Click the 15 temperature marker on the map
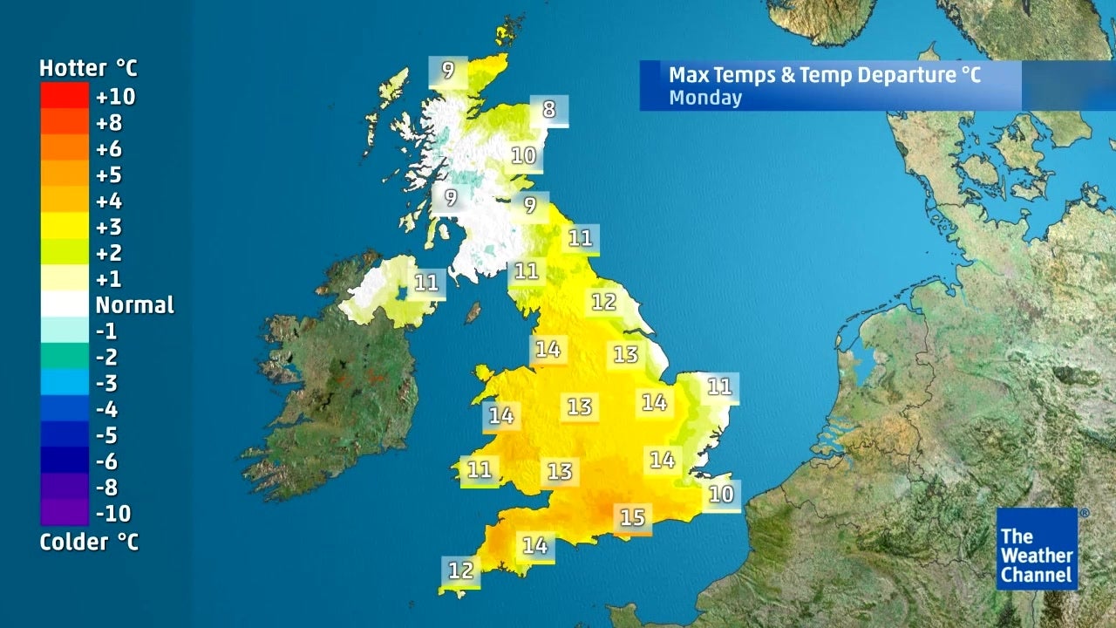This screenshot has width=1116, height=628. click(632, 518)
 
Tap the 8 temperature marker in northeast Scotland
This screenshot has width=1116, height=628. click(548, 110)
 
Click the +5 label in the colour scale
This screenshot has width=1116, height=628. click(109, 174)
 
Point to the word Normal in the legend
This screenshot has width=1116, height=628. click(134, 305)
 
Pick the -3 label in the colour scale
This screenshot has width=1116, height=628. click(106, 383)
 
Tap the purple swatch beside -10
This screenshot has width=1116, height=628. click(64, 512)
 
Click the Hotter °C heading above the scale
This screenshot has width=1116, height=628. click(88, 68)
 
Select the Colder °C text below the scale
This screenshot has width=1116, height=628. click(88, 543)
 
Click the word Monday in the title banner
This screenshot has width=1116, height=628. click(704, 98)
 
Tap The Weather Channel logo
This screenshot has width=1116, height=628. click(1037, 549)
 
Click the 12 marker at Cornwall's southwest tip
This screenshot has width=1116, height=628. click(460, 571)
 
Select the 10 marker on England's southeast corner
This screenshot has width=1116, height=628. click(721, 495)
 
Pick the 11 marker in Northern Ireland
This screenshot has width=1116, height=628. click(426, 283)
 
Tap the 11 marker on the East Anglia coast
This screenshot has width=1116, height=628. click(719, 386)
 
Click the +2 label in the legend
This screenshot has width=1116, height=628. click(109, 253)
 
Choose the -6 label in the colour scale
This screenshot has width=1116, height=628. click(106, 461)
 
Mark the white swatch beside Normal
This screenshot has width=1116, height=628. click(64, 304)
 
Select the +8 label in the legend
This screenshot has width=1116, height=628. click(109, 122)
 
